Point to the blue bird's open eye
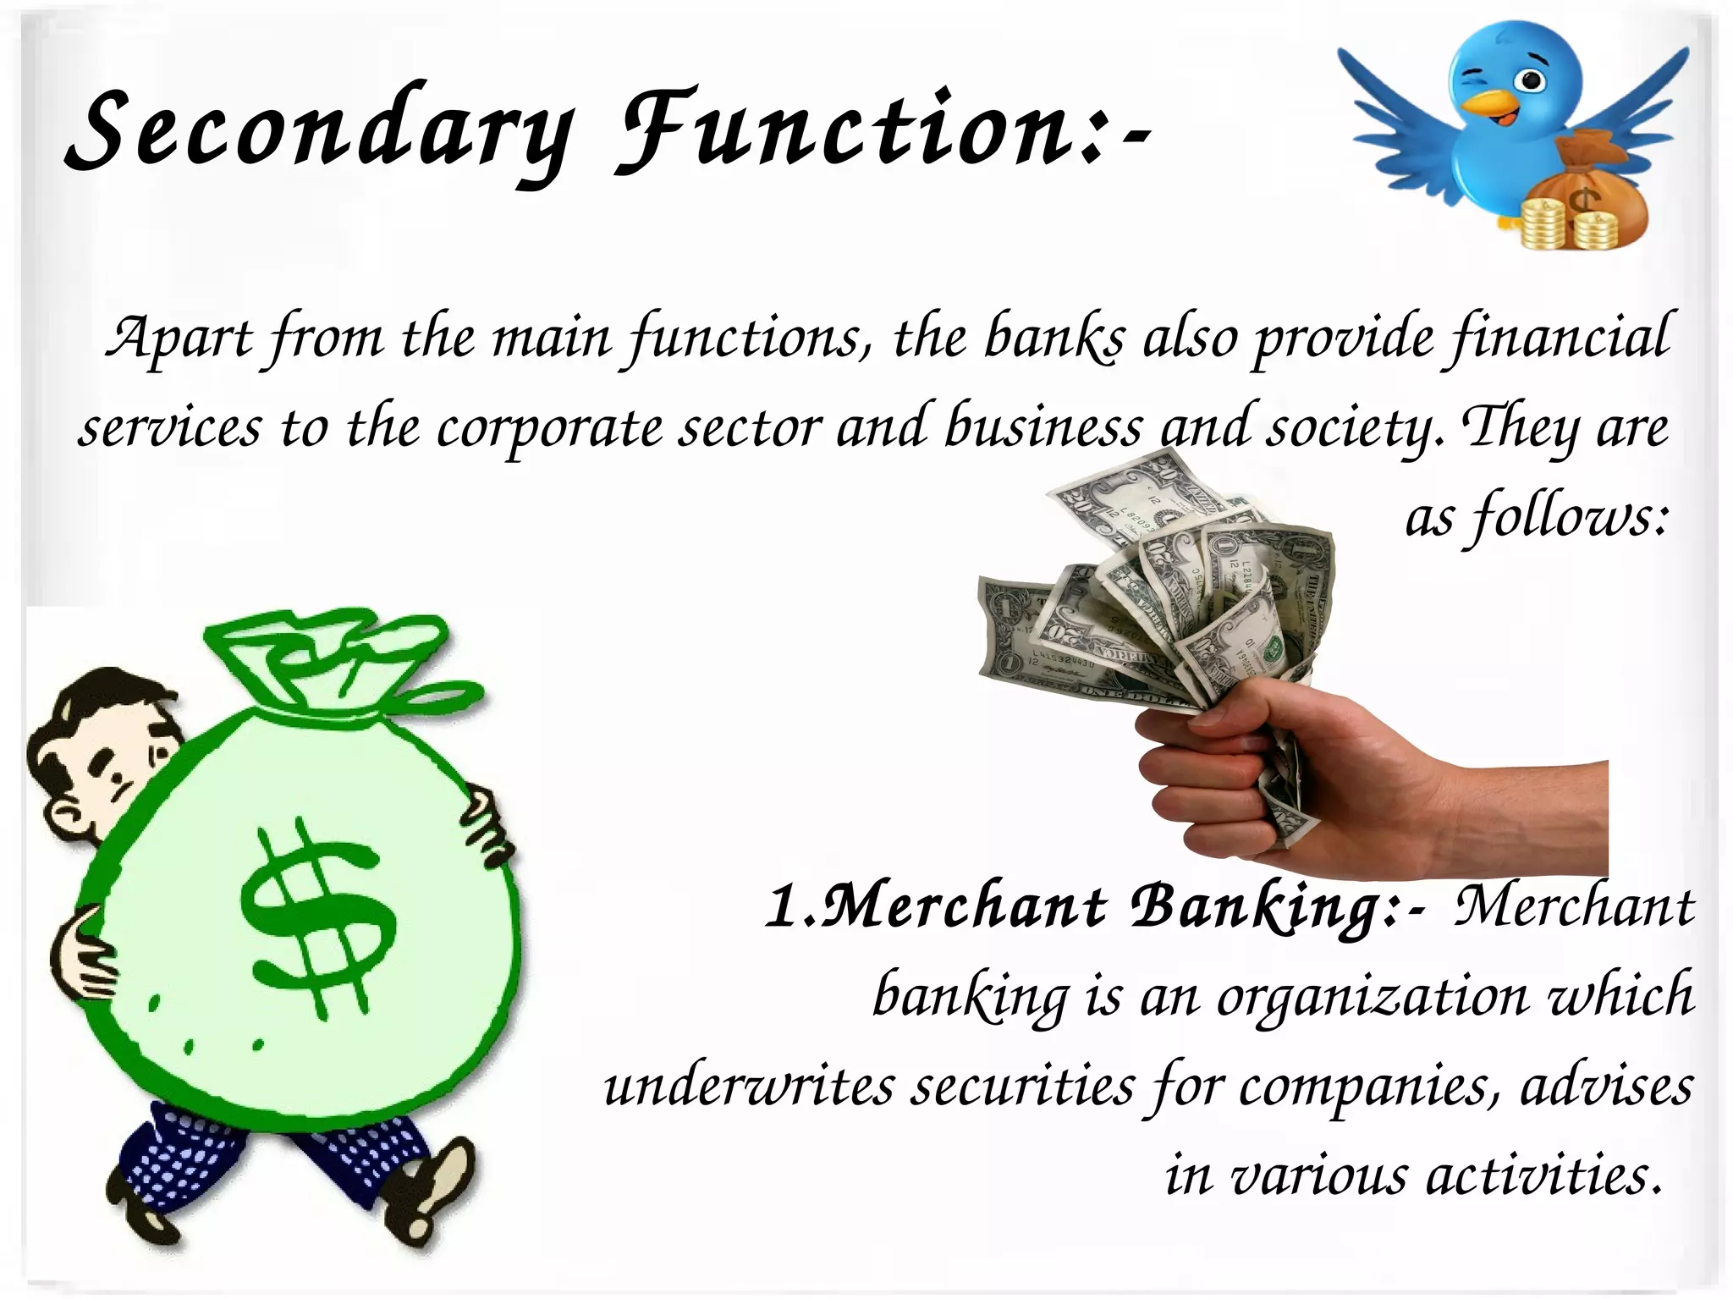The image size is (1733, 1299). click(x=1529, y=81)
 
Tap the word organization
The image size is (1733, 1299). click(x=1371, y=997)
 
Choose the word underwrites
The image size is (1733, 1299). click(x=748, y=1087)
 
